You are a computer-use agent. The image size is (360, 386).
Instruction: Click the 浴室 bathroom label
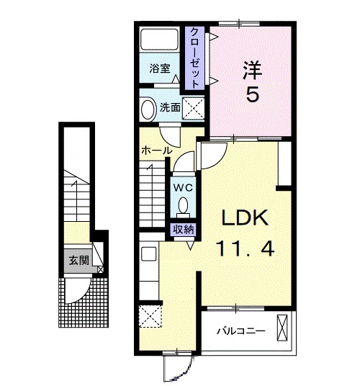[x=160, y=68]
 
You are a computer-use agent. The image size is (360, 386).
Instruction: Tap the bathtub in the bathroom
[x=159, y=40]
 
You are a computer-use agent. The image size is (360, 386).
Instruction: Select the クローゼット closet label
[x=194, y=58]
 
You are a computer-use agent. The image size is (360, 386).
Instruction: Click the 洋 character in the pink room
[x=253, y=71]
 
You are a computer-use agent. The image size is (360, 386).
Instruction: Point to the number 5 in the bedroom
[x=253, y=94]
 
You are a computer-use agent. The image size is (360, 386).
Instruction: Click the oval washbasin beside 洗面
[x=148, y=109]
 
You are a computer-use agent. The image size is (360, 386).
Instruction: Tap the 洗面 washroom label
[x=171, y=107]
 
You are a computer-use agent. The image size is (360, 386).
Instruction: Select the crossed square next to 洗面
[x=194, y=109]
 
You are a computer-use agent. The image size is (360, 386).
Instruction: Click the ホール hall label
[x=156, y=150]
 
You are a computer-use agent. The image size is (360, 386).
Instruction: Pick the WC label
[x=183, y=188]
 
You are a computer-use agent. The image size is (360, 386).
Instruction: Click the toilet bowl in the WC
[x=183, y=205]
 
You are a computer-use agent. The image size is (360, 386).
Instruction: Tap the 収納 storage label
[x=184, y=230]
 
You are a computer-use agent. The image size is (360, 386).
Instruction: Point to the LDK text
[x=245, y=218]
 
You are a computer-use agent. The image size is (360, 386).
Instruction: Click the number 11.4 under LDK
[x=245, y=248]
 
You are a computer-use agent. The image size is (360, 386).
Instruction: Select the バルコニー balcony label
[x=241, y=331]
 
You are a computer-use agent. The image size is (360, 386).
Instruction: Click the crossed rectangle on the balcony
[x=282, y=328]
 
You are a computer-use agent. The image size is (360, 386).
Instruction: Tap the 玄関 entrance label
[x=78, y=260]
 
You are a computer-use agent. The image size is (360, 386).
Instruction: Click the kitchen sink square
[x=149, y=253]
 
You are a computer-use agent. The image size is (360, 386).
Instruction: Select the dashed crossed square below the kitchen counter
[x=150, y=316]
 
